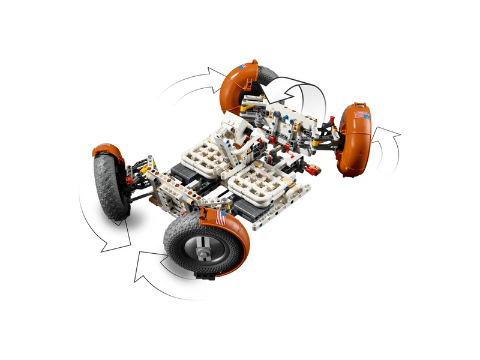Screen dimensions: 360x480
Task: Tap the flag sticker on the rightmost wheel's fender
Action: (361, 115)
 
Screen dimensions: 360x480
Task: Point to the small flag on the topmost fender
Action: (242, 67)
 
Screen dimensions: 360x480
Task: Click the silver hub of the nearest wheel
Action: (199, 245)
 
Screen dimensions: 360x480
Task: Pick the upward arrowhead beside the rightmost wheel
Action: (384, 133)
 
